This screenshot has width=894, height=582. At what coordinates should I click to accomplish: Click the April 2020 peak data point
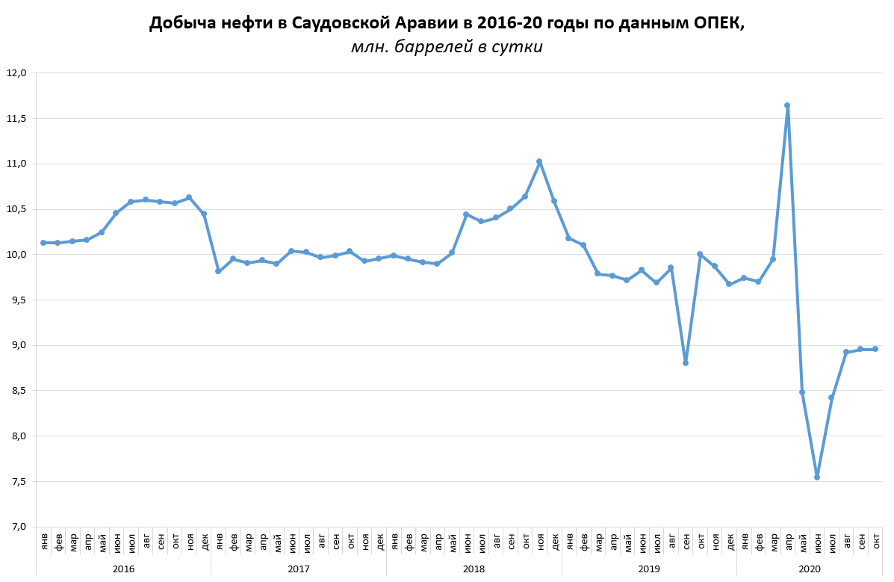click(787, 106)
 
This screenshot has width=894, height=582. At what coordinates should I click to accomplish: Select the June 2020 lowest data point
click(817, 477)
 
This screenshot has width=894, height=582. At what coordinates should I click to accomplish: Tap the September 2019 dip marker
click(686, 363)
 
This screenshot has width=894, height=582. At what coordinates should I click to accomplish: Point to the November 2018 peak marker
click(539, 161)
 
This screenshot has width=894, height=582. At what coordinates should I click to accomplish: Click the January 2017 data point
click(218, 271)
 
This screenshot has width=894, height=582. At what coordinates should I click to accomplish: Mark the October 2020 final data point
click(875, 349)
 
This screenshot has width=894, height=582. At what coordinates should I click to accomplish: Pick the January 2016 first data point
click(43, 243)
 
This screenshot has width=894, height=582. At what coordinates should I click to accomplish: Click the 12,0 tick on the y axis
click(16, 73)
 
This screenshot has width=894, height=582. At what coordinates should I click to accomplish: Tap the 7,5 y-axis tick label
click(17, 481)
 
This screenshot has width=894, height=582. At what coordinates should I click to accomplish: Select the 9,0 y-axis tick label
click(17, 345)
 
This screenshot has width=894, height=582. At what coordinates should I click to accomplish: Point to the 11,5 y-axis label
click(16, 118)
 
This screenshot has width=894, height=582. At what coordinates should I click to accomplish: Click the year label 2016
click(123, 569)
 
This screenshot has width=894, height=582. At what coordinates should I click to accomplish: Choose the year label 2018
click(474, 569)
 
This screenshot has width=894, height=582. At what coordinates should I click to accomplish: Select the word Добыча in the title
click(179, 23)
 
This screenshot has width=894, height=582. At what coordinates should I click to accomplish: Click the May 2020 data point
click(802, 392)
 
